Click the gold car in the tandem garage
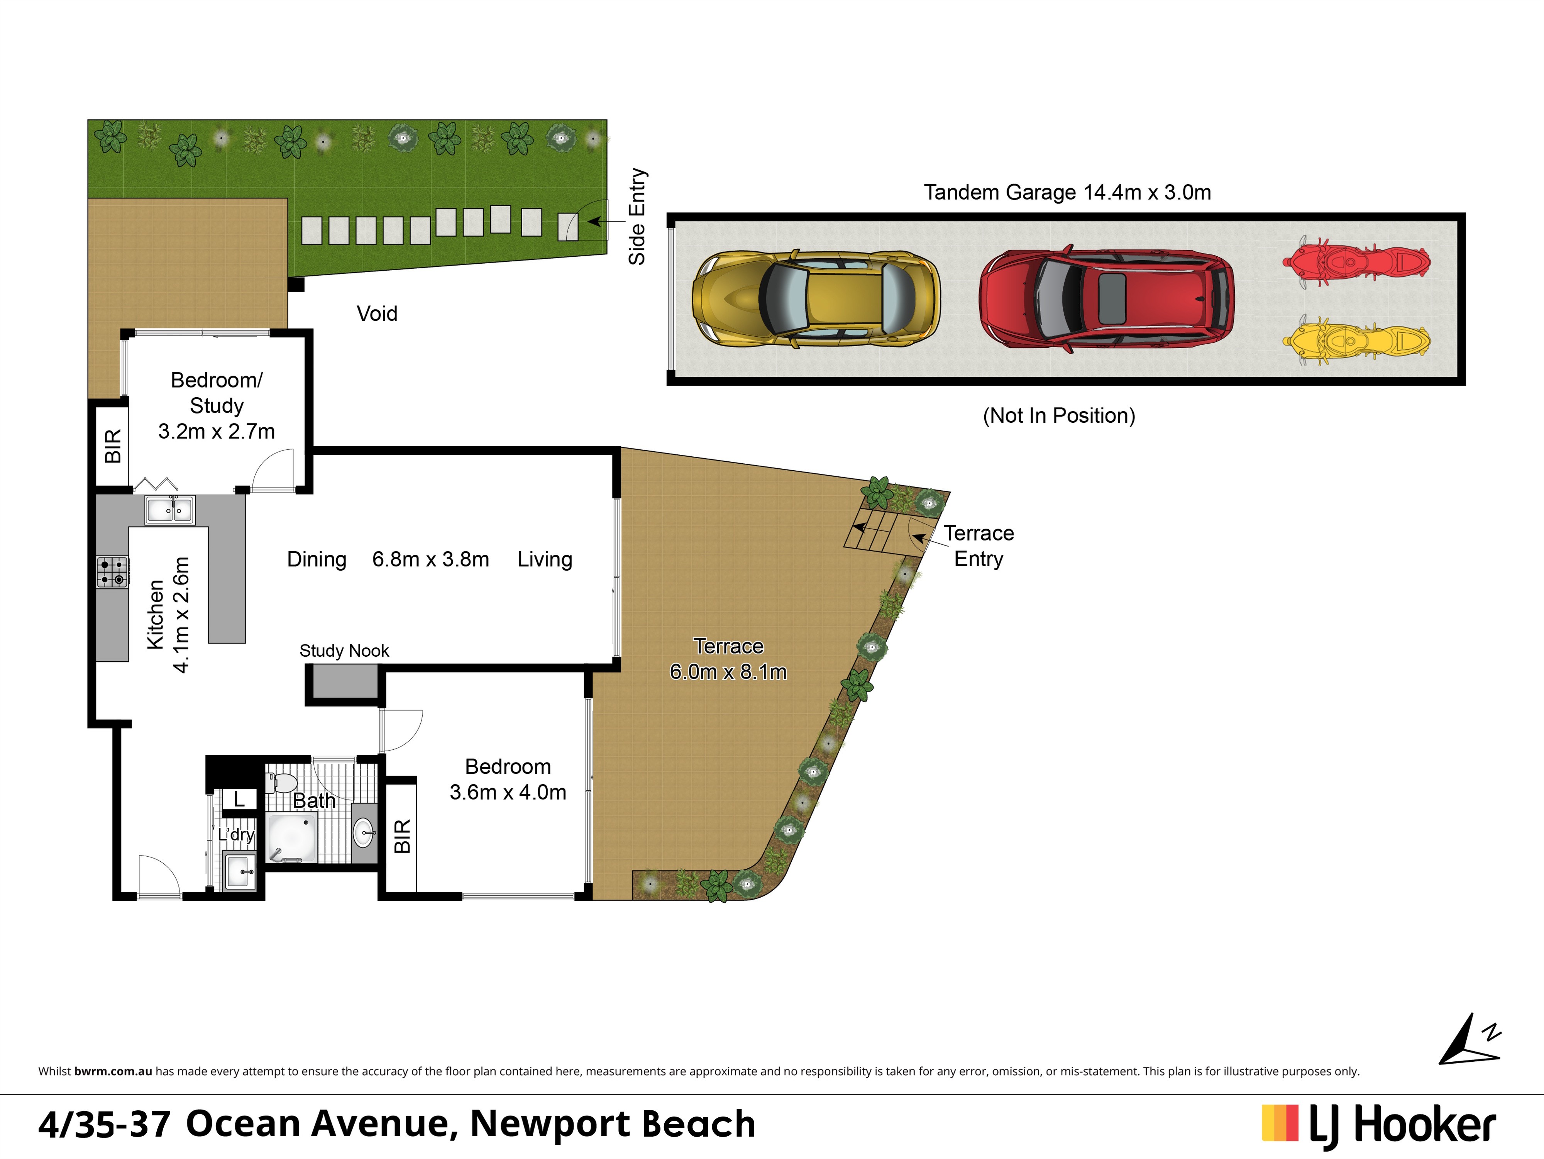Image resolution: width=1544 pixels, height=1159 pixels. click(x=815, y=299)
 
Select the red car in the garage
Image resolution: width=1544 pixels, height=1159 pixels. click(x=1106, y=299)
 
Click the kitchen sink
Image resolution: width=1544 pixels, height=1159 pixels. click(x=170, y=510)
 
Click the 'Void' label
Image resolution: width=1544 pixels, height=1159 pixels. click(x=377, y=313)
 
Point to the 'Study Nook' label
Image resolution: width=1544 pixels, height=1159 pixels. click(x=344, y=651)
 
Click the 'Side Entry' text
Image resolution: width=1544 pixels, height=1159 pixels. click(x=637, y=217)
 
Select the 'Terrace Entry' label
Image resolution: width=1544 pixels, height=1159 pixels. click(x=979, y=546)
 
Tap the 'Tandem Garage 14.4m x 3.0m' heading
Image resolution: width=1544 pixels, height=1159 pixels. click(x=1067, y=192)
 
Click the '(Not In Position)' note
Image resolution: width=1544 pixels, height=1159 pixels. click(x=1059, y=415)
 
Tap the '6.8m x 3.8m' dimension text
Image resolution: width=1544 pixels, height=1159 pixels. click(x=431, y=559)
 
